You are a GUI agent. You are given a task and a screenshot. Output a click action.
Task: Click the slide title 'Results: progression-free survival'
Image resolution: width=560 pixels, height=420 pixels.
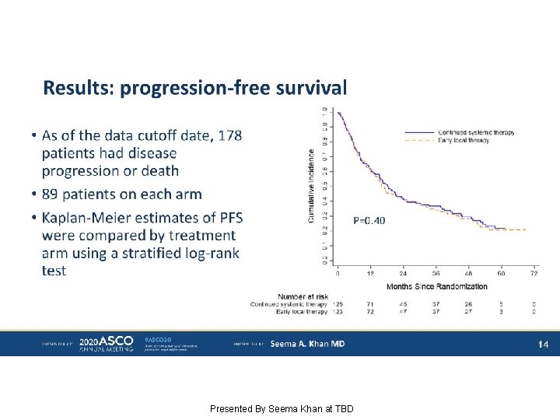(194, 88)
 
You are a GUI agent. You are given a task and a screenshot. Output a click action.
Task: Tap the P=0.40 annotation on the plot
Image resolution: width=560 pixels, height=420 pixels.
(369, 220)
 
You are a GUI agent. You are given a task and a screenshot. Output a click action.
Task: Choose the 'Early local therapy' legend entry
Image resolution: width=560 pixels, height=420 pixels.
(464, 140)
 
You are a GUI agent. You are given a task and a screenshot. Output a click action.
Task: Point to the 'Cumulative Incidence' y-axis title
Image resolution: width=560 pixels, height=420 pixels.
(312, 187)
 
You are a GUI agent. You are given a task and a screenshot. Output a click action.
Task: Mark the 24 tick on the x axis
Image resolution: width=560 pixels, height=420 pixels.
(403, 274)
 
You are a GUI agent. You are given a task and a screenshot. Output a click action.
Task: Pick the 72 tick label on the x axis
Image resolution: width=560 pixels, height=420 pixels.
(533, 274)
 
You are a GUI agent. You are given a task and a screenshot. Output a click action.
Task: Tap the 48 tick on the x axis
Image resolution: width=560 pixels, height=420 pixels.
(467, 274)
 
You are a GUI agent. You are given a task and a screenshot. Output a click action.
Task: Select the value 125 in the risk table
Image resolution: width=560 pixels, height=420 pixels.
(338, 303)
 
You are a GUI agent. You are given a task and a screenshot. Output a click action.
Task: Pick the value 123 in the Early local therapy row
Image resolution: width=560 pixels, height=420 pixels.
(338, 311)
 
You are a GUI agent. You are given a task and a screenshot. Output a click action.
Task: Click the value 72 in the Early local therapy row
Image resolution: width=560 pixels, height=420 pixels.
(370, 311)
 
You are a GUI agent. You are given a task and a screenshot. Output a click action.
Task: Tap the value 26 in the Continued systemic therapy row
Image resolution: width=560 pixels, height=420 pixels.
(467, 303)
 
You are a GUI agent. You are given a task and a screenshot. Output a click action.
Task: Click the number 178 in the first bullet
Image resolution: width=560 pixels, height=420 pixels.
(229, 135)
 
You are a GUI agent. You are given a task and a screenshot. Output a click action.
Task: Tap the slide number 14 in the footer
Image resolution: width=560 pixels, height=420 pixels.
(544, 343)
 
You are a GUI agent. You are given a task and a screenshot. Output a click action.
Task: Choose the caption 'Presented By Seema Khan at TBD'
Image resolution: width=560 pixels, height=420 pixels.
(282, 408)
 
